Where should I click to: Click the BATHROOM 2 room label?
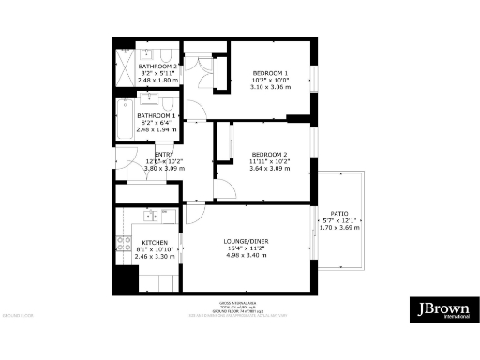pyautogui.click(x=157, y=67)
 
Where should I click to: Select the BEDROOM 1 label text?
pyautogui.click(x=270, y=73)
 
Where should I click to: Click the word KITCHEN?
pyautogui.click(x=155, y=242)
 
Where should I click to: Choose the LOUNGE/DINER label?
pyautogui.click(x=247, y=242)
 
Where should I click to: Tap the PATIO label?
pyautogui.click(x=338, y=212)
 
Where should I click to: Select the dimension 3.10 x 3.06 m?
pyautogui.click(x=270, y=88)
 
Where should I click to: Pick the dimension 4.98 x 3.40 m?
pyautogui.click(x=247, y=256)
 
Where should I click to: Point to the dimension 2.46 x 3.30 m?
pyautogui.click(x=155, y=256)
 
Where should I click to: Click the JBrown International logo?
pyautogui.click(x=443, y=310)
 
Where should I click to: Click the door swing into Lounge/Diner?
pyautogui.click(x=192, y=215)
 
